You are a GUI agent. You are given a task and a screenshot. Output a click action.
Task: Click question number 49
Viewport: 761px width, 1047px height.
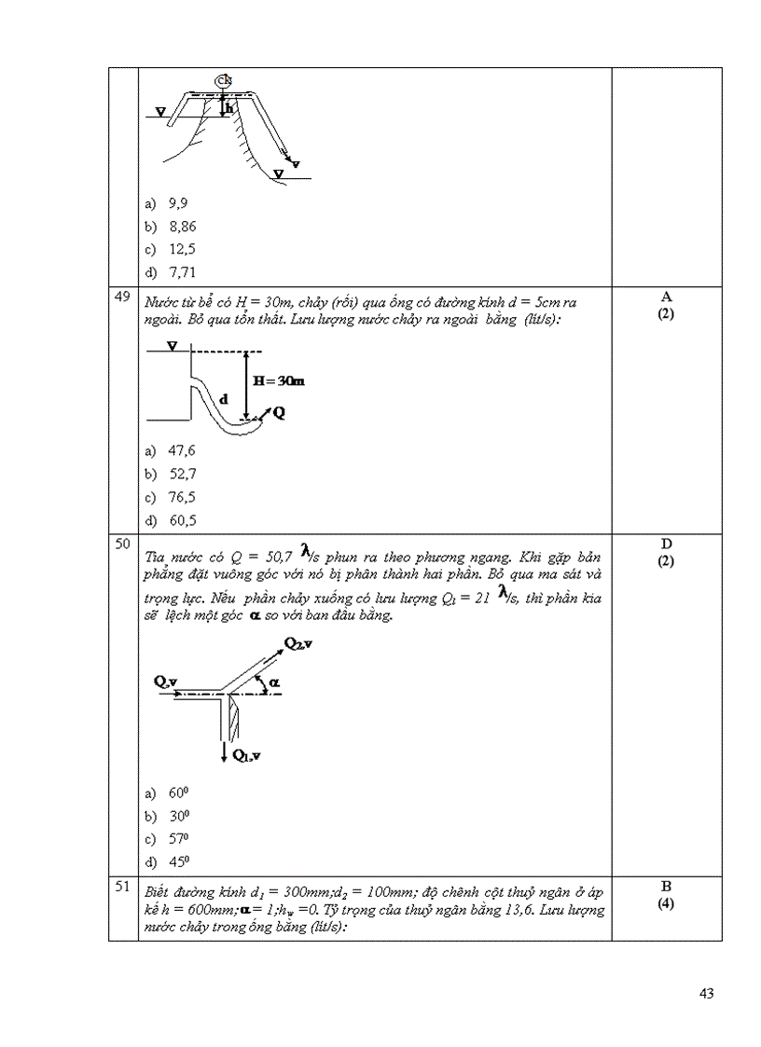point(121,297)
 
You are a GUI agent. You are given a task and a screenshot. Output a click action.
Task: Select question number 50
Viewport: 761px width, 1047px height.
point(121,544)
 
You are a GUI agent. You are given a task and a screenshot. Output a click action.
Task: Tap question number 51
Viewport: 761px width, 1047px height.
point(121,887)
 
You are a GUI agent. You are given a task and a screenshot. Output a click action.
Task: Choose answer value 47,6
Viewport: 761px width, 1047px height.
point(182,450)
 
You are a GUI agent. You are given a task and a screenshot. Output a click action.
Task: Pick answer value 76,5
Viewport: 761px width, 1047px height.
point(182,497)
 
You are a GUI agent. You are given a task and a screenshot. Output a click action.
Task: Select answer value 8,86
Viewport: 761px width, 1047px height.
point(182,226)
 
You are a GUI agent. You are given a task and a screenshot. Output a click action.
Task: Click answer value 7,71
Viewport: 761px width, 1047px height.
point(182,272)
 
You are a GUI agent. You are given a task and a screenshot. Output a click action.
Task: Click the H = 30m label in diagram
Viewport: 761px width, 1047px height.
point(281,381)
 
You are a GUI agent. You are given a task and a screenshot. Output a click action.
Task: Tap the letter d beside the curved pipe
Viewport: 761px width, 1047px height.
point(224,397)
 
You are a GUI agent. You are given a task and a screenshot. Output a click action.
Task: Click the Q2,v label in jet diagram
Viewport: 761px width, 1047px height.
point(298,644)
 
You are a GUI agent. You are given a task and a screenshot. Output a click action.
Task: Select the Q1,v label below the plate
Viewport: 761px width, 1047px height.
point(246,753)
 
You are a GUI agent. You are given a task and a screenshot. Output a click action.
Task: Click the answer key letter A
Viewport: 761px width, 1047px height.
point(666,296)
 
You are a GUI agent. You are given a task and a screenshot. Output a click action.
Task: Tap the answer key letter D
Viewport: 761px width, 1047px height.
point(666,544)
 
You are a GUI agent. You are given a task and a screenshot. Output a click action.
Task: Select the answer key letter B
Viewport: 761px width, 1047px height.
point(666,886)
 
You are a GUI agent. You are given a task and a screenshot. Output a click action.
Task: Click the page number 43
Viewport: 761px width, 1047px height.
point(706,994)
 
